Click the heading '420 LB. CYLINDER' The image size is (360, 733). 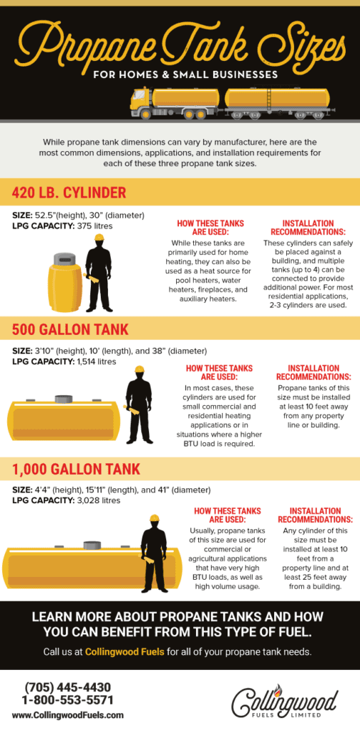click(x=69, y=193)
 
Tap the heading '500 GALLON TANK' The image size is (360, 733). click(x=70, y=329)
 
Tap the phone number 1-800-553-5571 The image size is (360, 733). click(x=67, y=700)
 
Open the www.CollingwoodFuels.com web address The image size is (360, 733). click(x=67, y=714)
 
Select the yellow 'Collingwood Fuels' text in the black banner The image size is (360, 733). click(x=120, y=651)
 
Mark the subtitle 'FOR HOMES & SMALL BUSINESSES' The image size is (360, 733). click(x=180, y=73)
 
